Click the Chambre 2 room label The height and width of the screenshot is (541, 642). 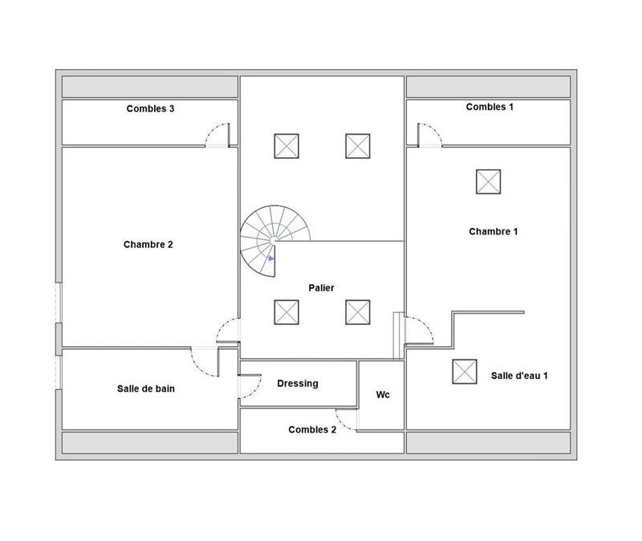coord(148,246)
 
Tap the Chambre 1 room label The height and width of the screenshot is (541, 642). coord(493,231)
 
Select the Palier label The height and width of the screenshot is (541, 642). coord(321,287)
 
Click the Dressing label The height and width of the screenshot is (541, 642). coord(298,384)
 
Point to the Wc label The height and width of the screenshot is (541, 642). coord(383,395)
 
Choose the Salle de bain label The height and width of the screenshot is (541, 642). coord(146,388)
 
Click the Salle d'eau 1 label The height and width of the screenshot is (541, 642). coord(519,376)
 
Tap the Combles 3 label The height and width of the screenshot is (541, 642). coord(150,109)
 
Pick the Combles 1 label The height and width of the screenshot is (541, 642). coord(490,107)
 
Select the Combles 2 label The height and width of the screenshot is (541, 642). coord(312,429)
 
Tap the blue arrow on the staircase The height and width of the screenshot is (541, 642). coord(272,258)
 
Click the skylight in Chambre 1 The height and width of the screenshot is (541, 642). coord(486,181)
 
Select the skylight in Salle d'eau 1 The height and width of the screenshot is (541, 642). coord(463,371)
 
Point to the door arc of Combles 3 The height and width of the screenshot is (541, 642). coord(215,134)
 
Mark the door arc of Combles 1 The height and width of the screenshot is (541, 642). coord(429,134)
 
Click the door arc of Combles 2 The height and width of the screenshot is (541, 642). coord(345,421)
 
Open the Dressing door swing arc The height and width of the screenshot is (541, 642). coord(250,387)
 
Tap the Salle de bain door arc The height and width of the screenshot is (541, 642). coord(205,362)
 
